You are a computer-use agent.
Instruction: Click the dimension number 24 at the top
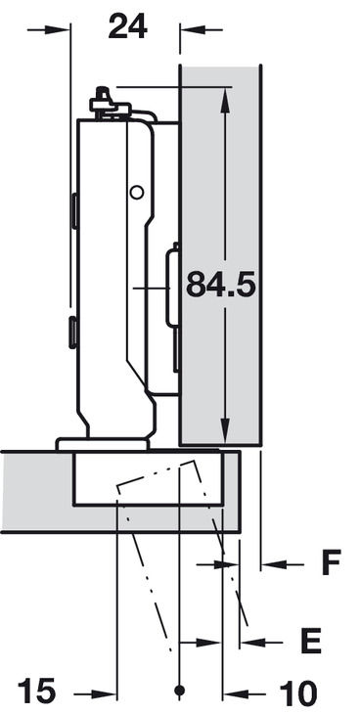pos(127,27)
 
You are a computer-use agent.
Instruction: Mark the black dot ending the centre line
pos(179,692)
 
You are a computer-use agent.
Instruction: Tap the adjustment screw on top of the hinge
pos(100,100)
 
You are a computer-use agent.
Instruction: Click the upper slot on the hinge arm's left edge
pos(73,210)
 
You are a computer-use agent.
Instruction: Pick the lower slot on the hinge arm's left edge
pos(73,332)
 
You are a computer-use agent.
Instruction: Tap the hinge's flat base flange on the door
pos(102,444)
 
